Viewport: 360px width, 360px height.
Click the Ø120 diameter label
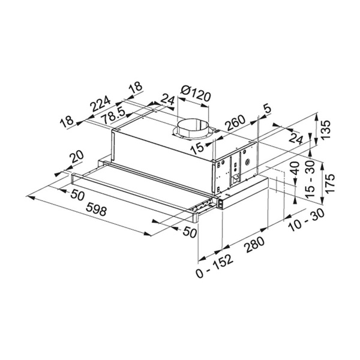tap(196, 94)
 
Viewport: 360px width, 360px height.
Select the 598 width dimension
tap(96, 210)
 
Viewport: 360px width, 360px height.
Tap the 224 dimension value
tap(100, 103)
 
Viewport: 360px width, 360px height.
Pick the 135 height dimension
tap(326, 130)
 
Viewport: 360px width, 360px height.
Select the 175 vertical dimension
tap(330, 184)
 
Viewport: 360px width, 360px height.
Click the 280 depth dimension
tap(254, 245)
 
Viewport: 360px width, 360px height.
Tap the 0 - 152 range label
tap(214, 266)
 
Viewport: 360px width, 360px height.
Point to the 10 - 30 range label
tap(307, 220)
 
